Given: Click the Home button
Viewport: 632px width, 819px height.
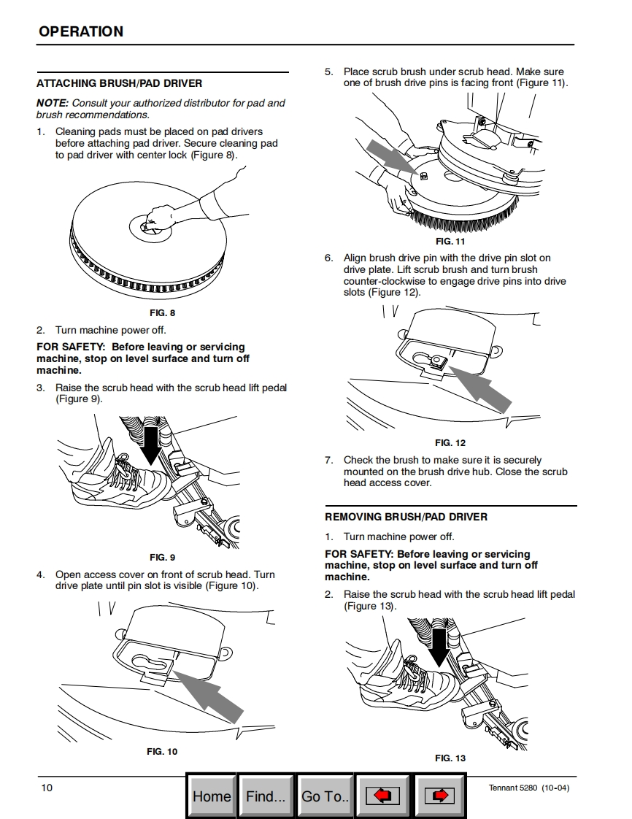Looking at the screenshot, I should tap(211, 796).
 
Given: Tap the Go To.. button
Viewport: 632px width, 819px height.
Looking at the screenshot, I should tap(325, 796).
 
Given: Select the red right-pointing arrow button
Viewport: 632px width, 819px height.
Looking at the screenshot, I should tap(439, 796).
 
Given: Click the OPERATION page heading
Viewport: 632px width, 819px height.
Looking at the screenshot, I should tap(81, 31).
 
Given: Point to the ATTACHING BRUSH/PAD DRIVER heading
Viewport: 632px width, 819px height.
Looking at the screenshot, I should tap(120, 83).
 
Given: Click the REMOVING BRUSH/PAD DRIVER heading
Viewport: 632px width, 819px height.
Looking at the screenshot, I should tap(406, 517).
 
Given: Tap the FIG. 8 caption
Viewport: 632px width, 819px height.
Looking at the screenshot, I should tap(162, 313).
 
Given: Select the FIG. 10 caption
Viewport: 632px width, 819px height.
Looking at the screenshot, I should tap(162, 751).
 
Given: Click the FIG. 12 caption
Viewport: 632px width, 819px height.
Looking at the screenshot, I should tap(450, 443).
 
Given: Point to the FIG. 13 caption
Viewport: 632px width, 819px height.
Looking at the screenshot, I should tap(450, 758).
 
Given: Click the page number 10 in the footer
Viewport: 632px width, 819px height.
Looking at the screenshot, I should tap(47, 787).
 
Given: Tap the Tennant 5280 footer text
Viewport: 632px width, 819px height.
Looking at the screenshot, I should tap(528, 787).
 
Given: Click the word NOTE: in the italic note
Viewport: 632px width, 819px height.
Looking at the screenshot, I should tap(53, 103).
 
